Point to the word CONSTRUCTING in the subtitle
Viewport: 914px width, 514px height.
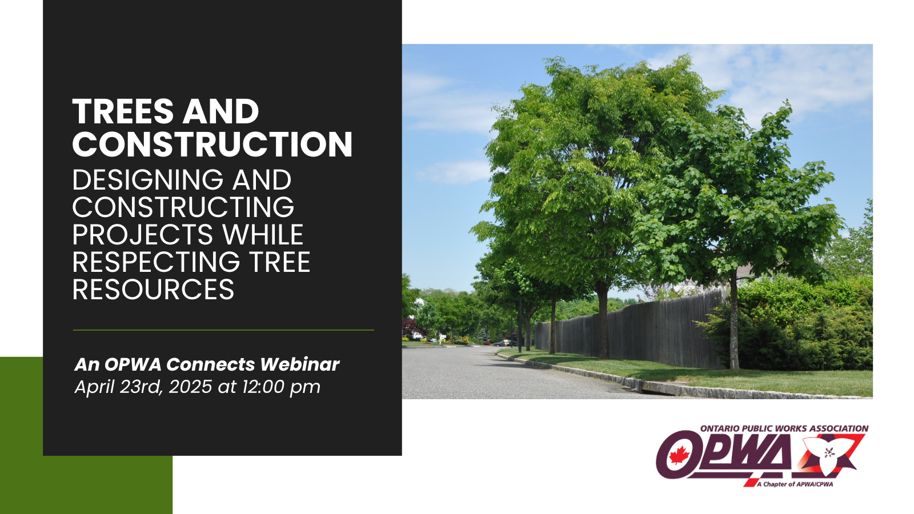tap(183, 207)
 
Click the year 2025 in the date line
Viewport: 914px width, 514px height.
tap(190, 387)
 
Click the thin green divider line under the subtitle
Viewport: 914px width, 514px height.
tap(223, 330)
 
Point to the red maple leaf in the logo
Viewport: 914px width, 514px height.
tap(679, 455)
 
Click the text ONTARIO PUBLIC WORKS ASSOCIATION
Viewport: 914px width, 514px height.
tap(784, 429)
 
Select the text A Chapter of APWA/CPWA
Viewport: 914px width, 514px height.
tap(795, 484)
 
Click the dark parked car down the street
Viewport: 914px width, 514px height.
tap(503, 343)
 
